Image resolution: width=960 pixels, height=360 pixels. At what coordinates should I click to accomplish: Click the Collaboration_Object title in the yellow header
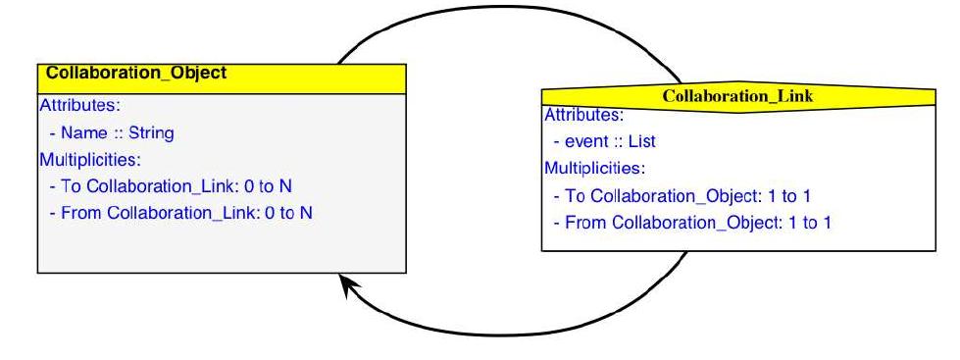click(136, 73)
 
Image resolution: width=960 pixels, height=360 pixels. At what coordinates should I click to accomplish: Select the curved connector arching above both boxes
click(510, 12)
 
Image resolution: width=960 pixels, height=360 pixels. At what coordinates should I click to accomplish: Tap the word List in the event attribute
click(641, 142)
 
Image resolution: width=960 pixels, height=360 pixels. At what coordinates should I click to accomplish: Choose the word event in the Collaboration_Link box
click(586, 142)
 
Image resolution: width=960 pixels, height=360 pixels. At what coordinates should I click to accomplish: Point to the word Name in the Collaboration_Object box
click(82, 132)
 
